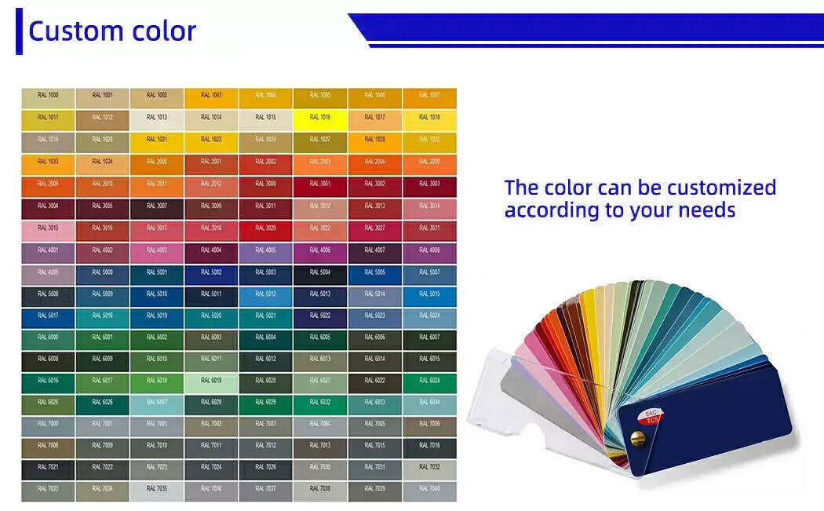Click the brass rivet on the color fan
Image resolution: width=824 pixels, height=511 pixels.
[x=638, y=440]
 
